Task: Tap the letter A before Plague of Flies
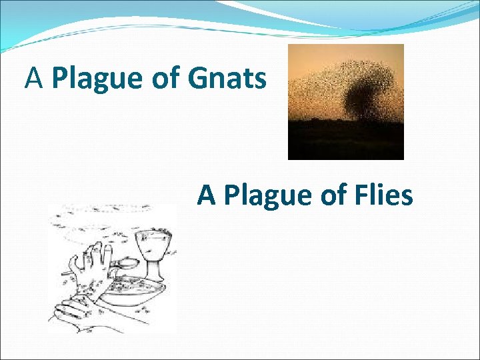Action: [x=207, y=195]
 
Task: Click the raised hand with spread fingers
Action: [x=89, y=263]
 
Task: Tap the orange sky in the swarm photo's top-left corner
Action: [x=300, y=57]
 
